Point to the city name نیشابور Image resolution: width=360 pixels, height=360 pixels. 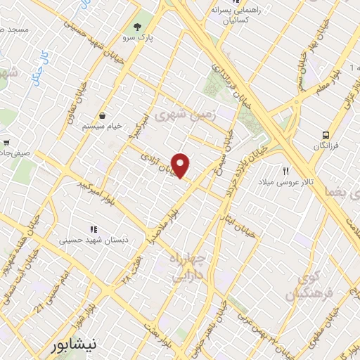[81, 346]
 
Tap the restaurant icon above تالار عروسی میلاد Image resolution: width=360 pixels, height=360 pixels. [286, 171]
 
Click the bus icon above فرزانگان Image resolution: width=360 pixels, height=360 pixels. [326, 135]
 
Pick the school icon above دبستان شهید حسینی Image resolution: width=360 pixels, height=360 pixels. [93, 229]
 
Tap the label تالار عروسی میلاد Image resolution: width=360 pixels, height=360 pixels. [288, 183]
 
